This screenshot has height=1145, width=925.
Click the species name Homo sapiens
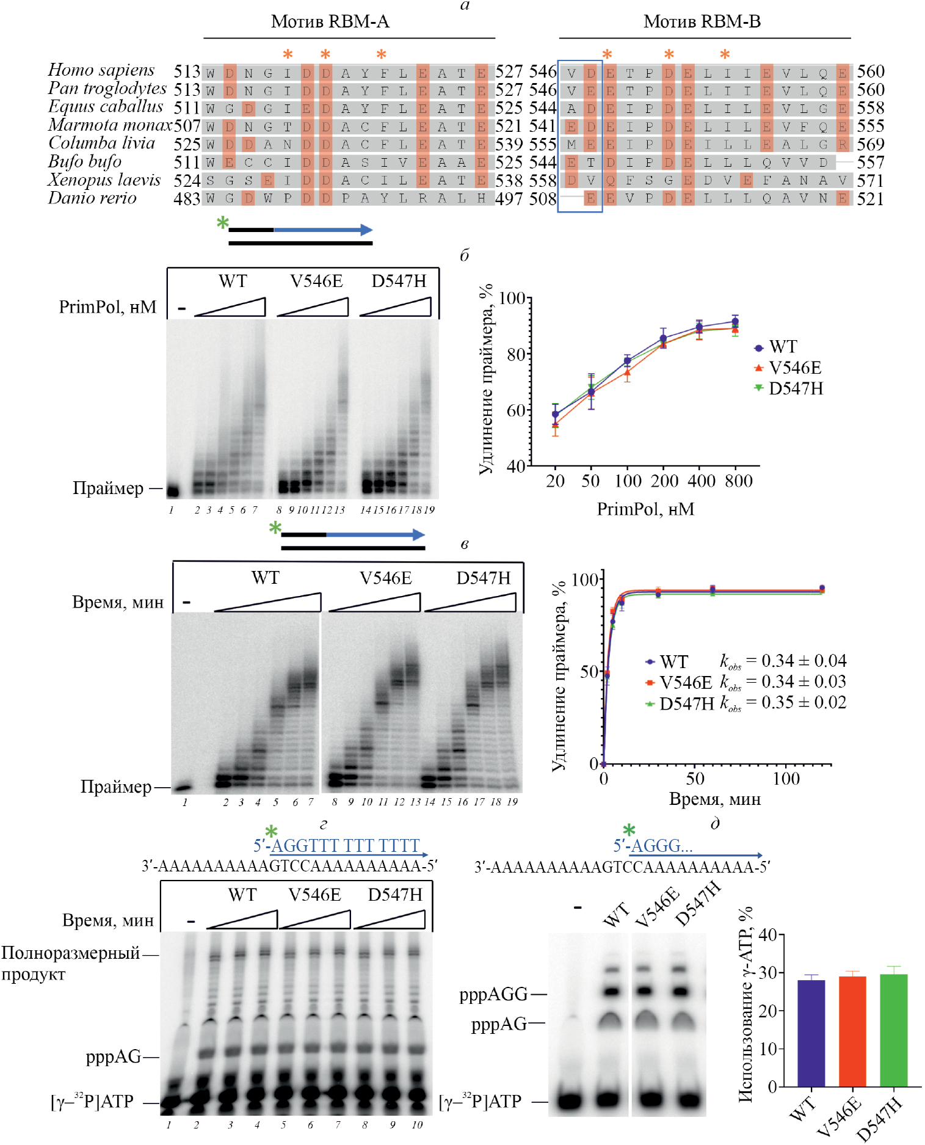point(101,70)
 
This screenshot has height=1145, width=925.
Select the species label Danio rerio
point(92,198)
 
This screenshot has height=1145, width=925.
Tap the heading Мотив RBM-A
point(330,22)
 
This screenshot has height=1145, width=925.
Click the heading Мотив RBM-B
point(702,22)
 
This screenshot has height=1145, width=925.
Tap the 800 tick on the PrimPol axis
point(738,481)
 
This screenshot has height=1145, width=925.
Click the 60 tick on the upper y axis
point(516,410)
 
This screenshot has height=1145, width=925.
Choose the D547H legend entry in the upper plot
point(795,388)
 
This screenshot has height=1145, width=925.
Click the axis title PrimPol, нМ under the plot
point(645,509)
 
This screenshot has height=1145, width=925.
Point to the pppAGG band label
point(493,995)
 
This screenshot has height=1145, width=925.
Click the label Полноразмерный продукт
point(70,963)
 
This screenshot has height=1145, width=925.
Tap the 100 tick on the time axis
point(786,779)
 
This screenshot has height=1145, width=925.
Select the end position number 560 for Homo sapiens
point(870,71)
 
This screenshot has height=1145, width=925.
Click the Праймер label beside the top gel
point(108,489)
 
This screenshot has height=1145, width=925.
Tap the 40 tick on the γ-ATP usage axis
point(767,935)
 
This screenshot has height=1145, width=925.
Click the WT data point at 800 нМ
point(735,322)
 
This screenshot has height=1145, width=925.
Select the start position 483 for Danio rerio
point(187,199)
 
